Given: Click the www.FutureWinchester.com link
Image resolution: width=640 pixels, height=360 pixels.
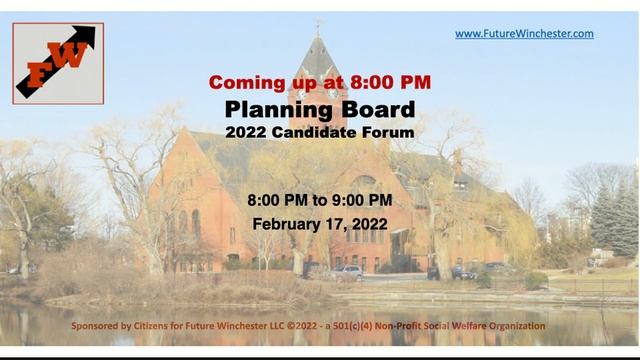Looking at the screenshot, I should pos(524,34).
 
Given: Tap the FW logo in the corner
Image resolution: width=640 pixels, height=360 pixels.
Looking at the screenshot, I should pos(58,64).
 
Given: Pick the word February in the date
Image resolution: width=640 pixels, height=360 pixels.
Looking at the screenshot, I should pos(290,224).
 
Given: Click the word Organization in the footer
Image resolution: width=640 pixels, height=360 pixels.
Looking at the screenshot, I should pos(511,326).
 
